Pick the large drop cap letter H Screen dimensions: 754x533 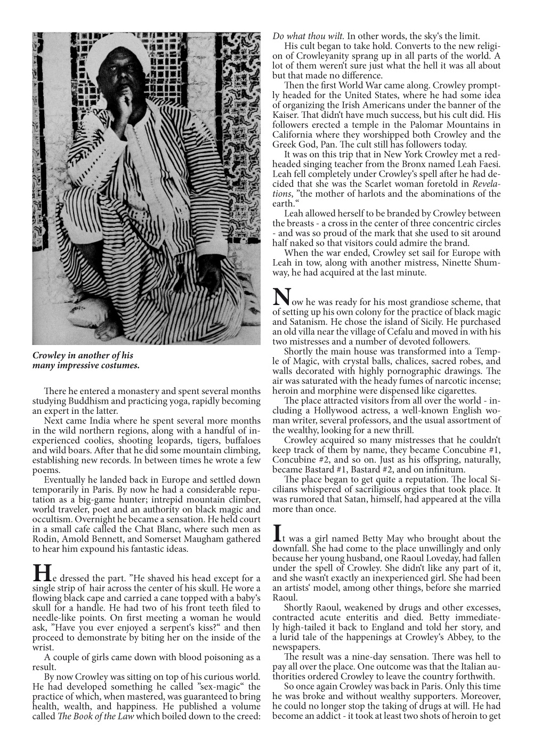(41, 574)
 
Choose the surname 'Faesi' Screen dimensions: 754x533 (487, 165)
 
